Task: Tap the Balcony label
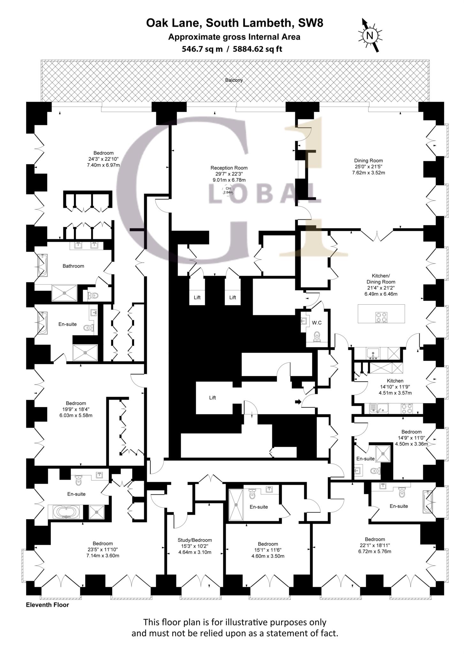pos(234,80)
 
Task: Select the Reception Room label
pos(229,168)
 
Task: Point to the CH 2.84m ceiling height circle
pos(228,190)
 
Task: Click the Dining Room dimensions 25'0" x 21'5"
pos(369,167)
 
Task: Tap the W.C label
pos(317,323)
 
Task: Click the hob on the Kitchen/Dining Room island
pos(382,317)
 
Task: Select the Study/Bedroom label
pos(195,540)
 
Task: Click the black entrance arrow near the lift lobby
pos(298,402)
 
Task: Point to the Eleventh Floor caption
pos(47,605)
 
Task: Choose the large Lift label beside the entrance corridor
pos(213,398)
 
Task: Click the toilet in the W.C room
pos(317,336)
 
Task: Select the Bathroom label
pos(73,266)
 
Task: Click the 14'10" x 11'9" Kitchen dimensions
pos(395,387)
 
